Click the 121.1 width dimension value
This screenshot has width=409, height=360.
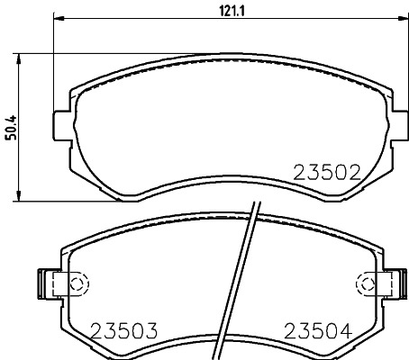point(232,12)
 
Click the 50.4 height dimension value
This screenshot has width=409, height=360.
point(13,128)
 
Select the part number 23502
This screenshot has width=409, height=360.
point(327,173)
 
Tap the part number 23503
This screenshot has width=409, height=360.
point(124,331)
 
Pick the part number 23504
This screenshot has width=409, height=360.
point(318,331)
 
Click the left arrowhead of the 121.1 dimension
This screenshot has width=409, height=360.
point(59,19)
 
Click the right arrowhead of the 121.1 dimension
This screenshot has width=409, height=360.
point(403,19)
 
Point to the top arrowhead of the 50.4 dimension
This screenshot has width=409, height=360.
point(19,59)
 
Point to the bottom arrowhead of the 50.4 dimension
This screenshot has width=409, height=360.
point(19,196)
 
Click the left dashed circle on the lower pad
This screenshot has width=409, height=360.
point(79,283)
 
